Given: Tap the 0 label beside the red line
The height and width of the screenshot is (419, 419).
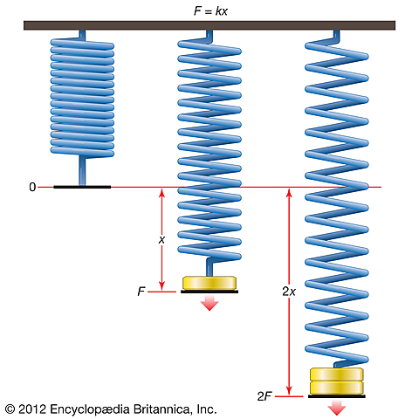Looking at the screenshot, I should [32, 187].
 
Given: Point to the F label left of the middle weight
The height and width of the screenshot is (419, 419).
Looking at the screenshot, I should [141, 292].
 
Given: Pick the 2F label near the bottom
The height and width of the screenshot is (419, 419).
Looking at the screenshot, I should [264, 396].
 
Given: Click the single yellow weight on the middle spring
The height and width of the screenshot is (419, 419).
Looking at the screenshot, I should [209, 283].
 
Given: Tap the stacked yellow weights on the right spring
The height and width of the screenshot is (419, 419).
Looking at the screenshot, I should [336, 381].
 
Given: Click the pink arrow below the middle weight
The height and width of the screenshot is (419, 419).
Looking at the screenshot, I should [209, 303].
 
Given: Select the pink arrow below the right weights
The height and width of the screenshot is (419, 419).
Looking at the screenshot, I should [337, 408].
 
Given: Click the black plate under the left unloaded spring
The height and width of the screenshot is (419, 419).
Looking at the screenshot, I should [82, 187].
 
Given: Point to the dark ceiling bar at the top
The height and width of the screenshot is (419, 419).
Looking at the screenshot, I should [209, 26].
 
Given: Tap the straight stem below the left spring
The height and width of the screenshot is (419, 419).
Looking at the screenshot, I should [82, 169].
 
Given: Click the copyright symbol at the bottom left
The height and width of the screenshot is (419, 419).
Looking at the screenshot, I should [10, 408].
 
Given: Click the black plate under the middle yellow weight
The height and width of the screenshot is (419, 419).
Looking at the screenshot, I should [209, 292].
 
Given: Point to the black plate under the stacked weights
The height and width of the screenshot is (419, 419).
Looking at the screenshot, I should [336, 396].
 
